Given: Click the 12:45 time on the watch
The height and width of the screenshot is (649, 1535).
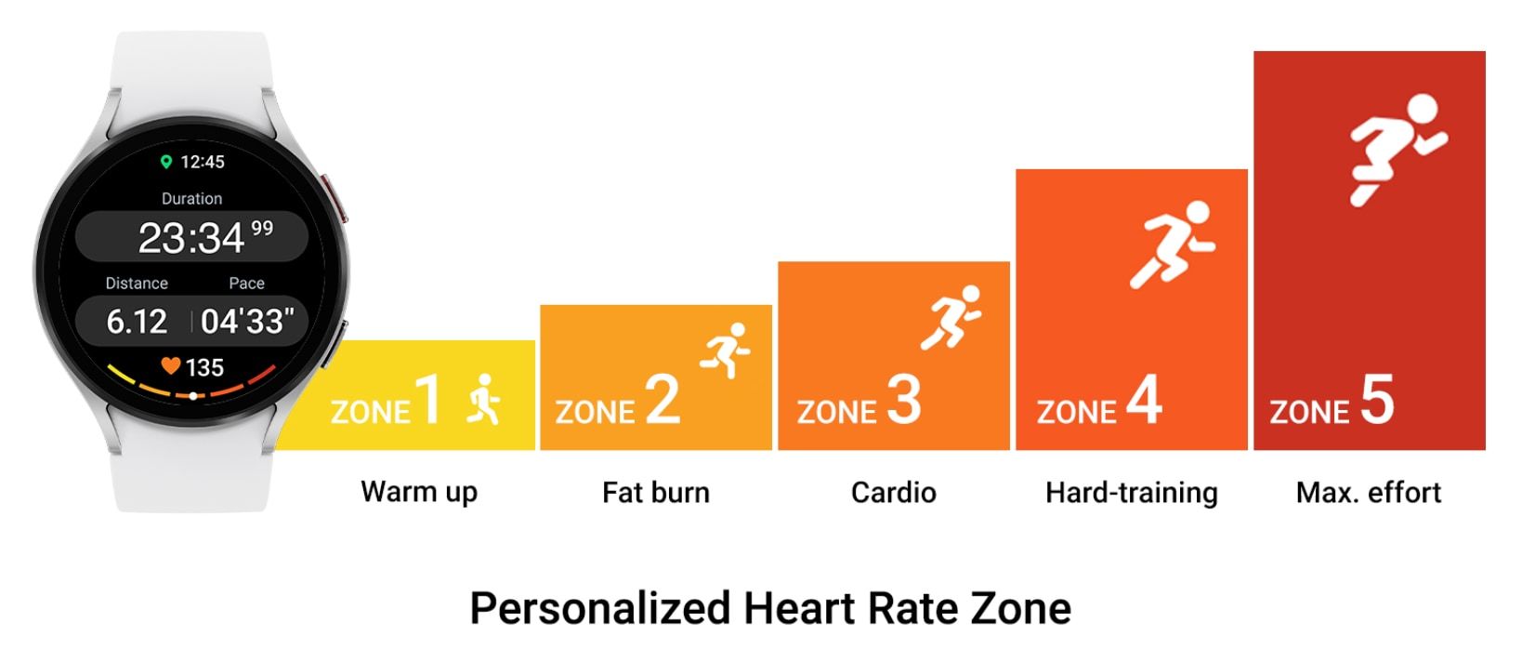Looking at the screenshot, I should [202, 162].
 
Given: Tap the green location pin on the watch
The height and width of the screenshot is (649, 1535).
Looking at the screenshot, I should [166, 162].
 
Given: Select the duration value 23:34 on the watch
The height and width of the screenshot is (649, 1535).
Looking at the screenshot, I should [191, 238].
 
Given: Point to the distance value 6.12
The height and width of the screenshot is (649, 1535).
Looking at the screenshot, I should [137, 322].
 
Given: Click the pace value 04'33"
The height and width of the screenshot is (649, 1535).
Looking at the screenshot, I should [247, 322].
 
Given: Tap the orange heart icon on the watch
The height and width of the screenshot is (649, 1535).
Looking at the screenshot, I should [170, 366].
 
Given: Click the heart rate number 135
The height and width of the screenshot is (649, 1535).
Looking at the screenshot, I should [204, 368].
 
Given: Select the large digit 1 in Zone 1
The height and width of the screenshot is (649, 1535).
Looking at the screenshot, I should [428, 401].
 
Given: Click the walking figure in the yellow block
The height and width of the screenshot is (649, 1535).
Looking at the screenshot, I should [483, 400].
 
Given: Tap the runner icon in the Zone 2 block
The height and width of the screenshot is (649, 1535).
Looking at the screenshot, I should [727, 350].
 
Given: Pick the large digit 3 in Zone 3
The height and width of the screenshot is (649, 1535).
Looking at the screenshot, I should [904, 401].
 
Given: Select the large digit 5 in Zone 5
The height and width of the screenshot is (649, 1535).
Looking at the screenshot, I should [1377, 401].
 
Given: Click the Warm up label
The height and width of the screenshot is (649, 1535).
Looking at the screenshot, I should [419, 492].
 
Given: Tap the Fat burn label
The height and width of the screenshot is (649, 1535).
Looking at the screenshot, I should [656, 492].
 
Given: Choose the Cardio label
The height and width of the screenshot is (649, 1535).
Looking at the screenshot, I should [894, 492].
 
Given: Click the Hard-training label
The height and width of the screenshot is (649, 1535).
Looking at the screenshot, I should [1131, 492].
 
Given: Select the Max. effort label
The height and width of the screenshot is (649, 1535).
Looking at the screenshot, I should [1369, 492].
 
